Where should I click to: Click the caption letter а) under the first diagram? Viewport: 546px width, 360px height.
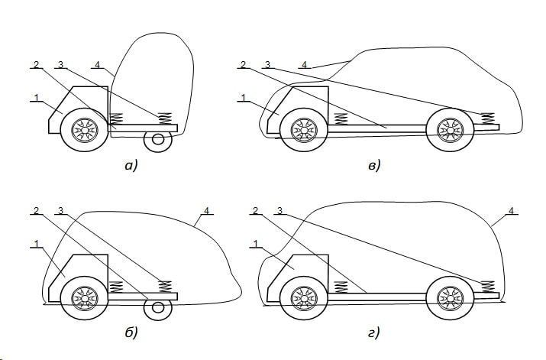130,165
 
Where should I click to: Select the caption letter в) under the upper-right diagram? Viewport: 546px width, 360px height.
373,165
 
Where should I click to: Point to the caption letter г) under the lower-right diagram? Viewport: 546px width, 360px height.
373,332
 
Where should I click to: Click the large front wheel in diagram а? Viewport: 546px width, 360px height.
84,131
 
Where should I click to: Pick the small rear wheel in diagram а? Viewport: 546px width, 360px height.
158,140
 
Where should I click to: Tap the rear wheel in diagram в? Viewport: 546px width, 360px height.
446,130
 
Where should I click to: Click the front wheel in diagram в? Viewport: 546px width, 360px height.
305,131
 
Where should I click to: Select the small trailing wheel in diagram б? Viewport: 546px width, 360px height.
158,307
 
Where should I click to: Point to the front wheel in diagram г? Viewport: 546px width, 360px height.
304,297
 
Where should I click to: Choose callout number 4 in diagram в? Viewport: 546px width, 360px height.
305,64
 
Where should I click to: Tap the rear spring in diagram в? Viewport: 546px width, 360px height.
487,118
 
